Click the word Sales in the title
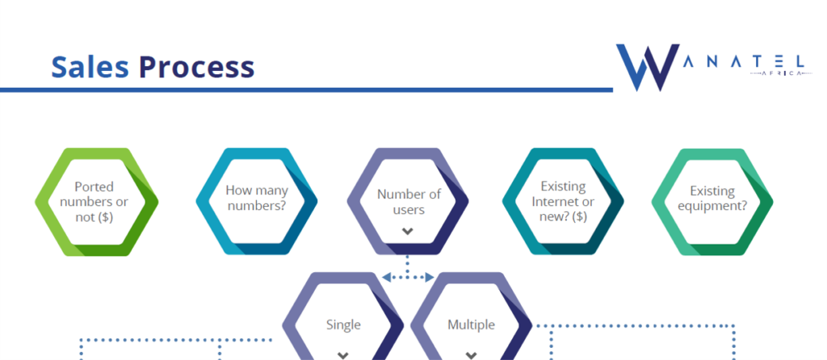click(x=90, y=67)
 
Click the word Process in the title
click(x=197, y=67)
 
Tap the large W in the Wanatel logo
click(x=647, y=68)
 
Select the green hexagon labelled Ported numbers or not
click(x=97, y=202)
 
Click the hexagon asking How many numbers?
click(x=257, y=201)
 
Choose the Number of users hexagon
click(x=408, y=201)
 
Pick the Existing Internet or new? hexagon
click(x=563, y=201)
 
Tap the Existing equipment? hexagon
click(x=712, y=201)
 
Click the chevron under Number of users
click(x=407, y=231)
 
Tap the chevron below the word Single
click(x=343, y=355)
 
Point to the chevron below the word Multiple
click(x=472, y=355)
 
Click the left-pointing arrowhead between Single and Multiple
click(x=386, y=277)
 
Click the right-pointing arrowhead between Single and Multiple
click(x=430, y=277)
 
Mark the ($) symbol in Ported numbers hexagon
click(x=103, y=217)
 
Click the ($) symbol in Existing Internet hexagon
click(x=577, y=216)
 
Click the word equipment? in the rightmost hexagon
click(x=712, y=206)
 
